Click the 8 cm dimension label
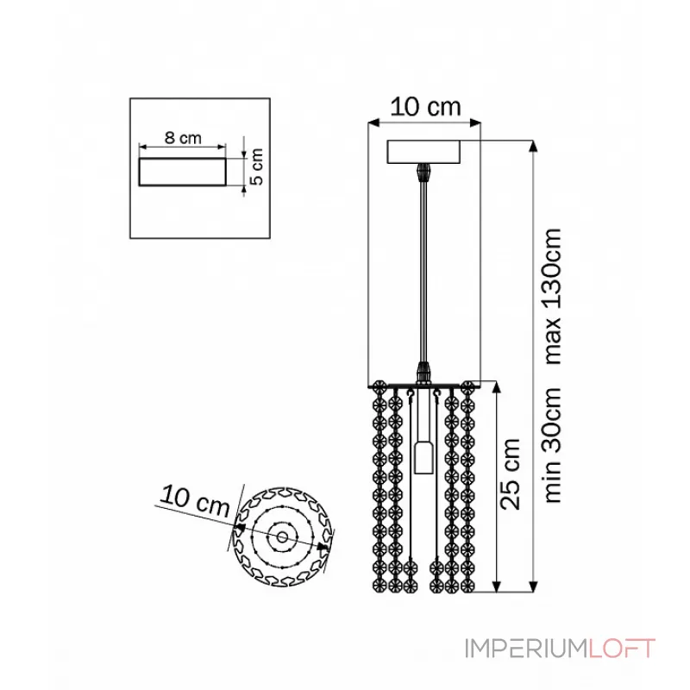[183, 138]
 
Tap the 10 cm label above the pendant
[425, 107]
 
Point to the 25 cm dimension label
[511, 474]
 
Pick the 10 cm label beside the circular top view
[195, 501]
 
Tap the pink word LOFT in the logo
[622, 649]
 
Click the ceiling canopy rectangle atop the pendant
[423, 152]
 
